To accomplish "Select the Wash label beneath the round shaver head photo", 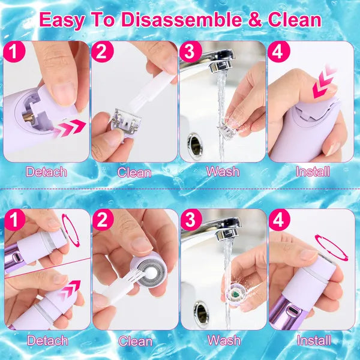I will (224, 341).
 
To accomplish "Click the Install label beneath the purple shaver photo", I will (313, 341).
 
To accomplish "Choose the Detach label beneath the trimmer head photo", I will (46, 172).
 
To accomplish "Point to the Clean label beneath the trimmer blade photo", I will (135, 172).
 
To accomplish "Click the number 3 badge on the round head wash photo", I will (191, 220).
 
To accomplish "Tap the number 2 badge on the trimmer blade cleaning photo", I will (103, 52).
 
